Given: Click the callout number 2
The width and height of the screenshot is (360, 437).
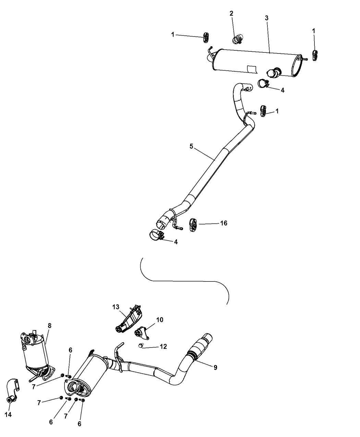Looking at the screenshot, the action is [231, 14].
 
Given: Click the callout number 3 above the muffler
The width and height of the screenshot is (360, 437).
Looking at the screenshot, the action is [267, 18].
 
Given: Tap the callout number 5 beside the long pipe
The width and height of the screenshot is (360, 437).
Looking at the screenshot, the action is [191, 146].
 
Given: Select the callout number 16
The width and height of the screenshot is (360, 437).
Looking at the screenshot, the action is [224, 223].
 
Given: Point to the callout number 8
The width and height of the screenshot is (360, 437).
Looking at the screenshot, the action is [50, 326].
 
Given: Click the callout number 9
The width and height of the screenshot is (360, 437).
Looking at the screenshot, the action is [215, 367].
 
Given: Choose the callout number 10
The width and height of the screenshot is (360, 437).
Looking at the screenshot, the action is [159, 320].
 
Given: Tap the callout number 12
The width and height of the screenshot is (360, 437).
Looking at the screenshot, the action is [163, 347].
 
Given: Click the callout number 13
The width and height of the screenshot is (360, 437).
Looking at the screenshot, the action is [116, 307].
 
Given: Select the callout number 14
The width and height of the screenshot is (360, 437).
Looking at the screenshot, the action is [8, 414].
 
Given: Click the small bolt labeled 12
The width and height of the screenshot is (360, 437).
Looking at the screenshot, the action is [141, 345].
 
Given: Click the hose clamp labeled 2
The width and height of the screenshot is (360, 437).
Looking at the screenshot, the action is [238, 39].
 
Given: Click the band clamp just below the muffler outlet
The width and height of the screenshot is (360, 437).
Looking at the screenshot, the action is [263, 84].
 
